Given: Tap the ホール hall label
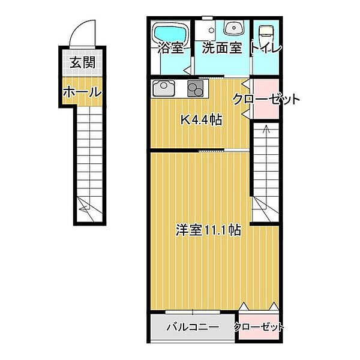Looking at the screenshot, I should click(x=80, y=92).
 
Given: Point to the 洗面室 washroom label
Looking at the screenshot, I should click(x=221, y=49).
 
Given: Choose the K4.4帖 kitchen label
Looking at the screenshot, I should click(x=202, y=119).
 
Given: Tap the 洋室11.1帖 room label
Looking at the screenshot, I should click(x=208, y=230).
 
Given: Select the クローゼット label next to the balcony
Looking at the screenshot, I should click(x=259, y=328).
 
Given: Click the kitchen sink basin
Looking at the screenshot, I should click(x=163, y=89).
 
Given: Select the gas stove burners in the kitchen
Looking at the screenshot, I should click(x=196, y=89).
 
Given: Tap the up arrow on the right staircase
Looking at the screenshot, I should click(x=265, y=128).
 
